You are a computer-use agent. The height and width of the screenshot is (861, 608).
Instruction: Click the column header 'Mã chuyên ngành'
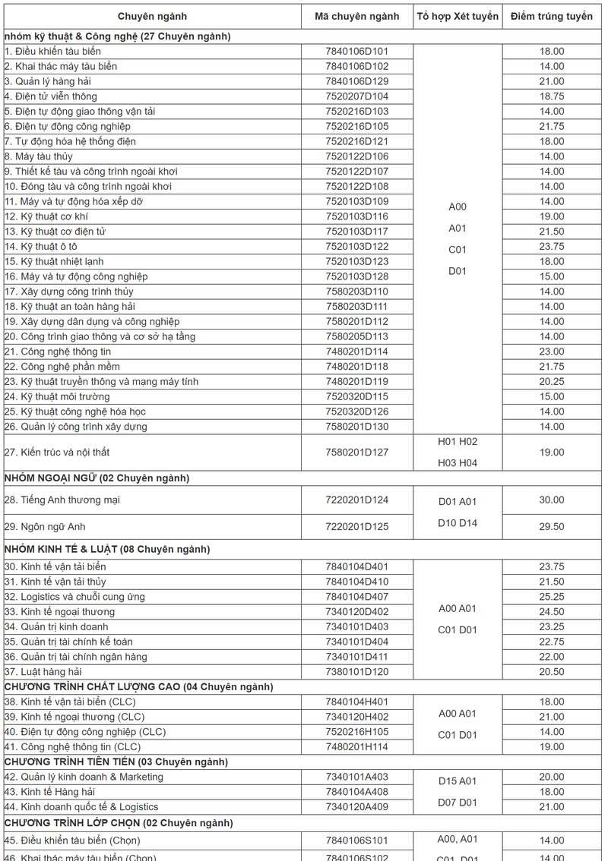[x=356, y=17]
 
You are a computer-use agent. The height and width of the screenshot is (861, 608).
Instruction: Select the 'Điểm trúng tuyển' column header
[x=551, y=17]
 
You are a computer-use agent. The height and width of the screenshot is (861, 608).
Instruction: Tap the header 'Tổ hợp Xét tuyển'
[x=458, y=17]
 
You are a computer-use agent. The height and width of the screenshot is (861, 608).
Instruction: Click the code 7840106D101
[x=356, y=52]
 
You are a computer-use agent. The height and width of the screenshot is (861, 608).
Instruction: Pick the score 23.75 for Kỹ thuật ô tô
[x=552, y=247]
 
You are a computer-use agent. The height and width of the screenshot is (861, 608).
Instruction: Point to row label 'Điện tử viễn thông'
[x=51, y=96]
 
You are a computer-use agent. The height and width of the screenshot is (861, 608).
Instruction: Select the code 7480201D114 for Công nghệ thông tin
[x=356, y=352]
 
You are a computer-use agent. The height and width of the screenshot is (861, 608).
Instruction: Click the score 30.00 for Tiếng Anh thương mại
[x=552, y=500]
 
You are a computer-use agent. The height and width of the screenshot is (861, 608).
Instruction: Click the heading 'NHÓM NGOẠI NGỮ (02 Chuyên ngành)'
[x=97, y=478]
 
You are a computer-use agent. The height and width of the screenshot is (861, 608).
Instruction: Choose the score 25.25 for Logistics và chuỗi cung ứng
[x=552, y=597]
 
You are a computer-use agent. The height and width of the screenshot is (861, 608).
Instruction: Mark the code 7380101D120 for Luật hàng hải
[x=356, y=672]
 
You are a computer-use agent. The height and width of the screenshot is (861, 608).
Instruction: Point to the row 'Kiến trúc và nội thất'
[x=57, y=453]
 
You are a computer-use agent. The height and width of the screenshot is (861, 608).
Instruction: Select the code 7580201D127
[x=356, y=453]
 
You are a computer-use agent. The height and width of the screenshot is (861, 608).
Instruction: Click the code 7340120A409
[x=356, y=807]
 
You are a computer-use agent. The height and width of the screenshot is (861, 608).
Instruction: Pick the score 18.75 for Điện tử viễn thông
[x=552, y=96]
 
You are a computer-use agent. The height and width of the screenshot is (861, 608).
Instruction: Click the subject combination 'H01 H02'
[x=458, y=442]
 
